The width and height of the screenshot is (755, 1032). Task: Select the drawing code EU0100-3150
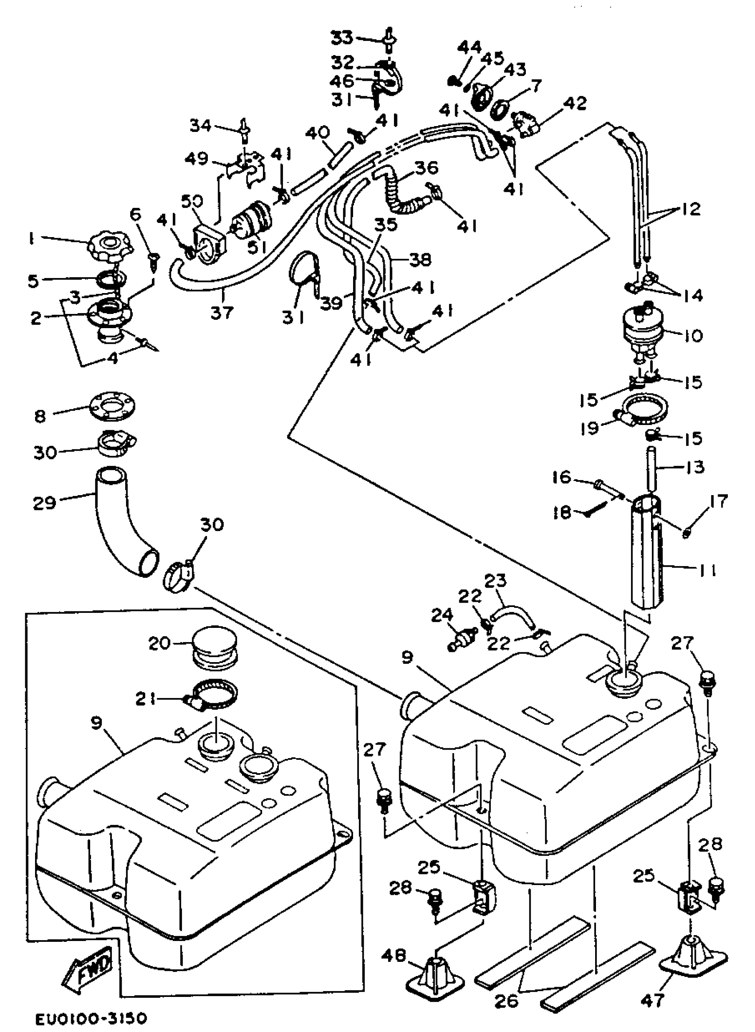click(x=91, y=1018)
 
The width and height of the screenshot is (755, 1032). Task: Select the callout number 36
click(x=426, y=168)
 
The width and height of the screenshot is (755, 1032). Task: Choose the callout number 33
click(x=342, y=37)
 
